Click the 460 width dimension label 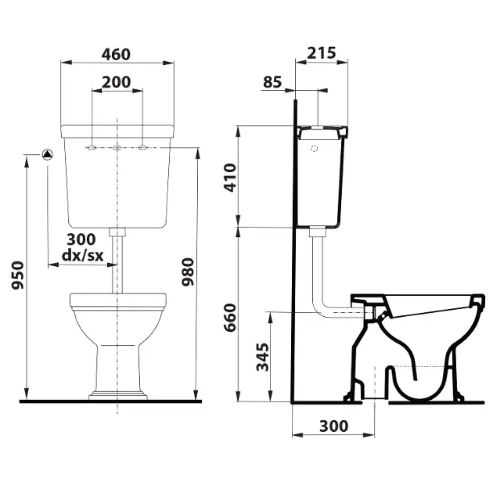pos(116,55)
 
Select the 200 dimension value pos(117,82)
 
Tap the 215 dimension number pos(322,53)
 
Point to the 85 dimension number pos(272,82)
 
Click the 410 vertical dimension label pos(230,178)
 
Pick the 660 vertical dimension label pos(230,318)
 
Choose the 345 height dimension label pos(263,357)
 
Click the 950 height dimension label pos(17,275)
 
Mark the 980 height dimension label pos(188,272)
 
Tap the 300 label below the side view pos(333,426)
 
